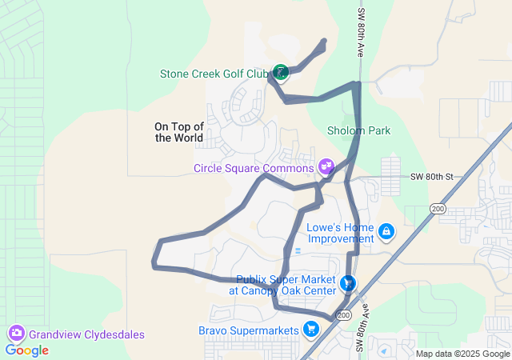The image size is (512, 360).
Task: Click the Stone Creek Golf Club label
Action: click(x=214, y=74)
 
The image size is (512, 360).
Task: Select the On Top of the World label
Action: click(x=179, y=132)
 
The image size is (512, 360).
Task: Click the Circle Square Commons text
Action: click(x=254, y=168)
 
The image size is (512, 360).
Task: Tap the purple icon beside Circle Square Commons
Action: click(x=326, y=166)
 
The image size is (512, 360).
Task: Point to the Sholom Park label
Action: click(x=358, y=130)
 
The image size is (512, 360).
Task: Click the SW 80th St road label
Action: click(x=432, y=176)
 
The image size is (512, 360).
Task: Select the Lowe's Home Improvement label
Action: click(x=341, y=233)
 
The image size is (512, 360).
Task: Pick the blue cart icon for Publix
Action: click(x=347, y=283)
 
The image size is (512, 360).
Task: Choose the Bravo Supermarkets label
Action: click(x=248, y=330)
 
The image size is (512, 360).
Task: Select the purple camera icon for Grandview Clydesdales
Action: click(x=15, y=332)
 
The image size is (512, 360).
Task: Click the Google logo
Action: click(x=27, y=350)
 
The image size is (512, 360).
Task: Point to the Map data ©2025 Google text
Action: click(x=462, y=354)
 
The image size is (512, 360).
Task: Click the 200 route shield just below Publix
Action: click(x=344, y=316)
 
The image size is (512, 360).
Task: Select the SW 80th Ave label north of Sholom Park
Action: click(x=361, y=32)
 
